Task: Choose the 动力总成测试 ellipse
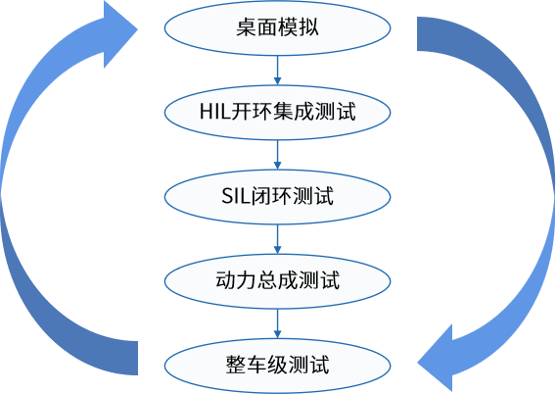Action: click(x=278, y=280)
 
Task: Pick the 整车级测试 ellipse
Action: click(x=278, y=365)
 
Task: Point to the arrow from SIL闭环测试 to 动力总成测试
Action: click(x=278, y=238)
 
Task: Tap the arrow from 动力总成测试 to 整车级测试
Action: click(x=278, y=322)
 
